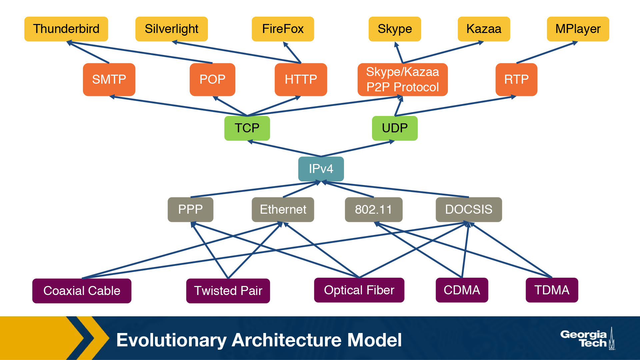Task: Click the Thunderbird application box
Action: point(66,29)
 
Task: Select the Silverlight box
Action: point(171,29)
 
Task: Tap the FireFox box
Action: point(283,29)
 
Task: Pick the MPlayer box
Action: point(578,29)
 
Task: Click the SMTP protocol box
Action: point(109,79)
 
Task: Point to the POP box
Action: point(212,79)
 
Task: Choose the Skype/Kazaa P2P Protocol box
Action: point(402,79)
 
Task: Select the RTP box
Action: point(516,79)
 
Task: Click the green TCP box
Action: point(247,128)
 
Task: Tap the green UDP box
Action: point(395,128)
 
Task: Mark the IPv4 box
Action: point(321,169)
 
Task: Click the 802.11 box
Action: point(373,209)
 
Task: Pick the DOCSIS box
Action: point(468,209)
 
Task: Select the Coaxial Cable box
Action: point(82,291)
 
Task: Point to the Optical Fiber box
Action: point(359,290)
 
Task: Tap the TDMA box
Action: point(552,290)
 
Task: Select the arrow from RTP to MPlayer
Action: point(547,53)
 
